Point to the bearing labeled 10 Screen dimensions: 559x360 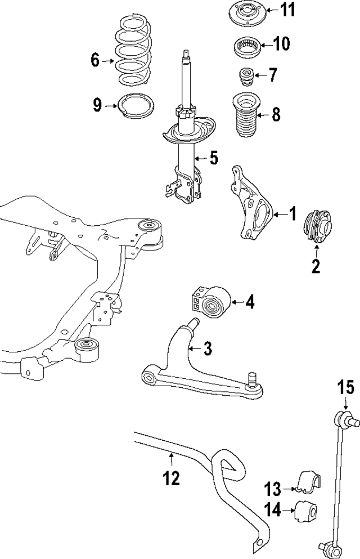(245, 45)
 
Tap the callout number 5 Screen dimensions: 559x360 (214, 158)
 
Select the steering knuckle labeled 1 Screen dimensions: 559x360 (252, 208)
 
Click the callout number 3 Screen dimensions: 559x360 (208, 348)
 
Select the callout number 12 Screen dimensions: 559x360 (172, 478)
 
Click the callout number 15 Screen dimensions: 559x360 (345, 388)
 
